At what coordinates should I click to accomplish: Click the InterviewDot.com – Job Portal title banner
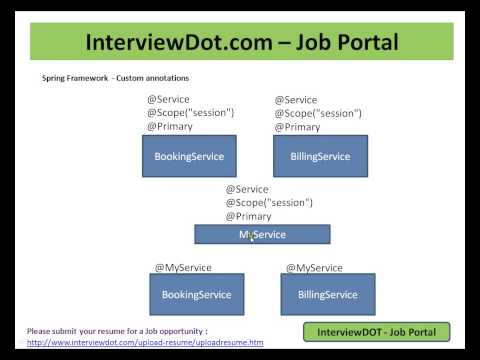[241, 43]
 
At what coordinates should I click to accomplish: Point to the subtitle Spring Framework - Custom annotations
[115, 77]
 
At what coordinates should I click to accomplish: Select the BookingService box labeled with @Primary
[189, 156]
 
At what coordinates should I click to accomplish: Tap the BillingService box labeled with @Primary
[320, 156]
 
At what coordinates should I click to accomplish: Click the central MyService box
[262, 234]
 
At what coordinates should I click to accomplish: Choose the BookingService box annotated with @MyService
[196, 294]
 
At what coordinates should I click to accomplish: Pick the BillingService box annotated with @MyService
[328, 294]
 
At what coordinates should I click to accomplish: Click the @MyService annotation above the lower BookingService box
[179, 268]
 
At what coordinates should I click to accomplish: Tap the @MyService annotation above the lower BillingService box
[314, 268]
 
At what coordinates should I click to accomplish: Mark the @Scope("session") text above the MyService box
[269, 202]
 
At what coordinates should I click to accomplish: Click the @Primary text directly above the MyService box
[248, 216]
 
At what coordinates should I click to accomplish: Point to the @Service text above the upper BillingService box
[296, 99]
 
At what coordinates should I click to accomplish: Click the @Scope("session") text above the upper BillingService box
[319, 113]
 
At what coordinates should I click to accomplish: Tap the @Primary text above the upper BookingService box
[169, 127]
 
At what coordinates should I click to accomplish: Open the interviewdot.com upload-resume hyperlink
[145, 343]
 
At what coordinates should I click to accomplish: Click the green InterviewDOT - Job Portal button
[376, 331]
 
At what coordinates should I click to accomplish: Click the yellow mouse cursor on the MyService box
[250, 235]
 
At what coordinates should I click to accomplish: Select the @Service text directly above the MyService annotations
[247, 188]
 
